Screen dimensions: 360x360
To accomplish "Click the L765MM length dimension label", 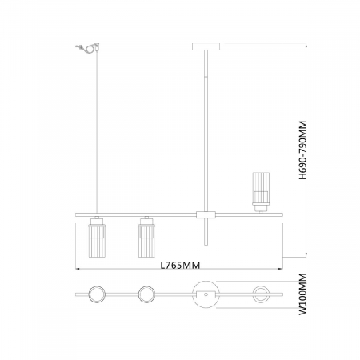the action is click(180, 265).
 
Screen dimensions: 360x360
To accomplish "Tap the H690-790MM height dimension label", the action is click(302, 150).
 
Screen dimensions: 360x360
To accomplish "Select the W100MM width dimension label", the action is click(302, 294).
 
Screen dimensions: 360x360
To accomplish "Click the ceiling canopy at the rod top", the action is click(206, 46).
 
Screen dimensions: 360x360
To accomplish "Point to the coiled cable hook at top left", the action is click(88, 48).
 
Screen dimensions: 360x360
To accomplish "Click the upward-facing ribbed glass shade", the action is click(261, 192).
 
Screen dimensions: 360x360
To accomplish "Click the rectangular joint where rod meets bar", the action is click(206, 214).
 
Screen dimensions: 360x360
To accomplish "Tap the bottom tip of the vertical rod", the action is click(206, 245).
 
